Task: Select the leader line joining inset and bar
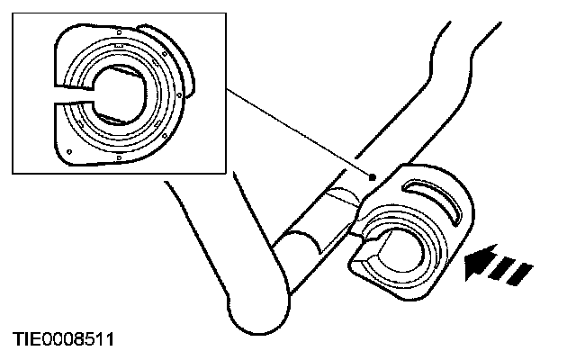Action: [297, 132]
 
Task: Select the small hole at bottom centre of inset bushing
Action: [119, 158]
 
